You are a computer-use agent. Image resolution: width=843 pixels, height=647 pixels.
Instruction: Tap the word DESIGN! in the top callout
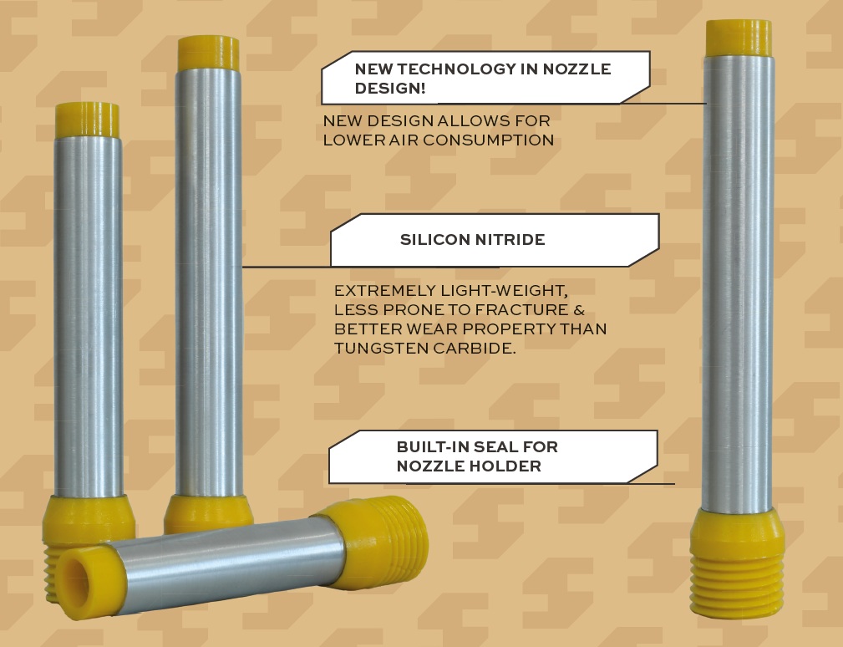click(390, 88)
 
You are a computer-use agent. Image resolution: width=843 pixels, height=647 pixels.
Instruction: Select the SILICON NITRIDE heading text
click(473, 239)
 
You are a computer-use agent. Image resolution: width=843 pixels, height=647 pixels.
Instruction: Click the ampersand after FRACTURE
click(578, 310)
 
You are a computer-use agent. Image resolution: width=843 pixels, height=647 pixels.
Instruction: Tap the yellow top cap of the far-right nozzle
click(739, 38)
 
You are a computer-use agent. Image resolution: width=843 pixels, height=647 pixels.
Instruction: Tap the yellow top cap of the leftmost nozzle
click(87, 120)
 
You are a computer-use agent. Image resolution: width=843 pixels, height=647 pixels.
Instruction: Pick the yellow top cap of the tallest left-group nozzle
click(209, 53)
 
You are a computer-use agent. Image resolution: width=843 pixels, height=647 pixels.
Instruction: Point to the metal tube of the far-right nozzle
click(739, 283)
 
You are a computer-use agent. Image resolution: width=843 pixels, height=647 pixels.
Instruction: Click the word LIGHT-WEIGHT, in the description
click(504, 291)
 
